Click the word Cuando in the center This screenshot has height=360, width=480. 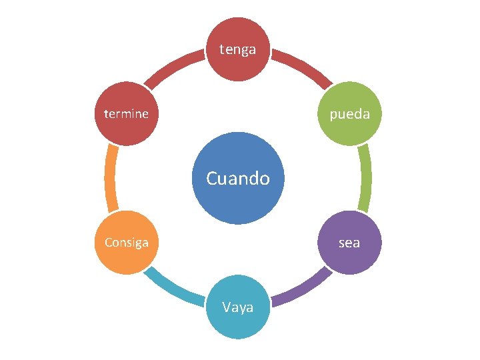(238, 179)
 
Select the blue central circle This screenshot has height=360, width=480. (238, 200)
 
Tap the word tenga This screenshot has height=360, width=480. (238, 49)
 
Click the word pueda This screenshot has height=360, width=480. (349, 114)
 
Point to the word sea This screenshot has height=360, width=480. (349, 243)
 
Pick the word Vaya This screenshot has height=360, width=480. (238, 307)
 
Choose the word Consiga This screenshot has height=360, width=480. (127, 242)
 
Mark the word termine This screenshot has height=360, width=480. (127, 114)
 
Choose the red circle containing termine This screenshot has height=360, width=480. (127, 130)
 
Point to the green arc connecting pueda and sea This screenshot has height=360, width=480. (365, 179)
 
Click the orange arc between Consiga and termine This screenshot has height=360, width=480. (111, 179)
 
